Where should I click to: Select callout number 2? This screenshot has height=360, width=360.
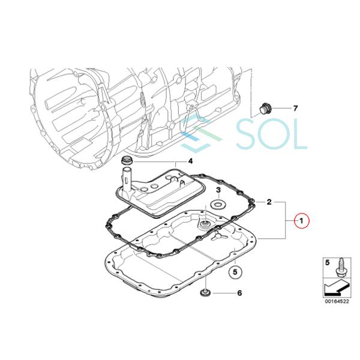270,203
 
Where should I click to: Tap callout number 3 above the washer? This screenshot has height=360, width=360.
220,190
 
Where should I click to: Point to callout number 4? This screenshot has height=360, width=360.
190,161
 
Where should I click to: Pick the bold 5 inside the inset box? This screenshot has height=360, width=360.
327,262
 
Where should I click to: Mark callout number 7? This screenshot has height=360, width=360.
295,109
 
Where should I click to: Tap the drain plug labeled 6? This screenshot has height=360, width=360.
205,293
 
